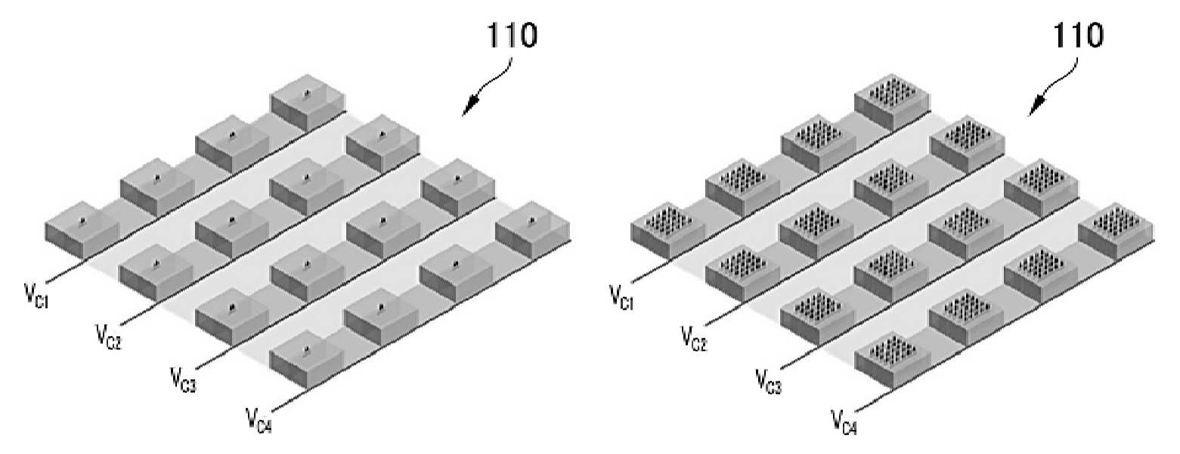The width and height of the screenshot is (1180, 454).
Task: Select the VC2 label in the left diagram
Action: tap(109, 337)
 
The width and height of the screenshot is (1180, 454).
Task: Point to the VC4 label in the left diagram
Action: tap(259, 420)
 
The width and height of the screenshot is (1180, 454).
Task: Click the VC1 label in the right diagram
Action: tap(621, 297)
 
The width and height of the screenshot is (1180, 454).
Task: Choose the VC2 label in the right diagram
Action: tap(694, 338)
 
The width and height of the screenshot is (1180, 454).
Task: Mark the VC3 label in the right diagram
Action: tap(769, 381)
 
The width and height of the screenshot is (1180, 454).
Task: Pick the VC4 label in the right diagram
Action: tap(844, 422)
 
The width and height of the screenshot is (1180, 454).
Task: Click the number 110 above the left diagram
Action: tap(512, 35)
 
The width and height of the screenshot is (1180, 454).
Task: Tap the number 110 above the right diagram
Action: tap(1077, 36)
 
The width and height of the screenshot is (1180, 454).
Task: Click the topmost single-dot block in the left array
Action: tap(308, 103)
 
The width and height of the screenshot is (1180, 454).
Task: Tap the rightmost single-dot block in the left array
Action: tap(533, 230)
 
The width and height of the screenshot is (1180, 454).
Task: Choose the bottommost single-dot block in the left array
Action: tap(307, 360)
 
